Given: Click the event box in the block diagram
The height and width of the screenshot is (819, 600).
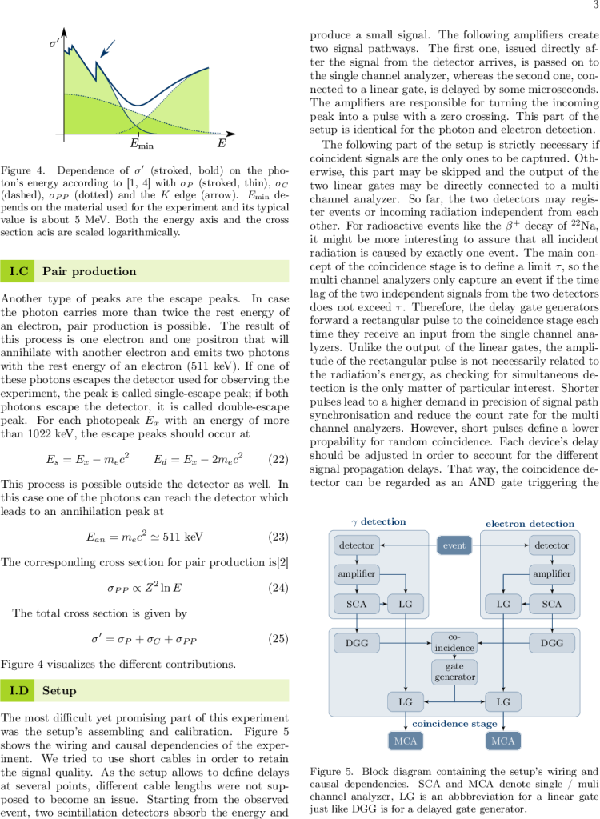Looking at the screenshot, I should point(454,546).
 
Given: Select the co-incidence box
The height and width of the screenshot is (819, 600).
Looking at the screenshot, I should point(454,642).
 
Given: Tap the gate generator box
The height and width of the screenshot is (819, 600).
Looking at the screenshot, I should point(454,672).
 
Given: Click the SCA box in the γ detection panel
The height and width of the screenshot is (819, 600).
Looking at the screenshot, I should point(356,604).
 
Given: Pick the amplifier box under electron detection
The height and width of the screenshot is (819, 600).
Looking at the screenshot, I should point(552,574).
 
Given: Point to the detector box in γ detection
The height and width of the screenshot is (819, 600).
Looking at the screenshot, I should point(356,546).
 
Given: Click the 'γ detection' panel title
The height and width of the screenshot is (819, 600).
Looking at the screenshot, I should point(379,521).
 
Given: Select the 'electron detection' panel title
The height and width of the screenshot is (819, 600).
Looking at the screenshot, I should point(530,524).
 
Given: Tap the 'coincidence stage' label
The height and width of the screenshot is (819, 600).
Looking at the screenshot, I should point(454,723).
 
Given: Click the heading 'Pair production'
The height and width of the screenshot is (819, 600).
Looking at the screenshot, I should point(78,272).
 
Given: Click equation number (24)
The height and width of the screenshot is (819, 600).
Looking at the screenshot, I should point(277,589).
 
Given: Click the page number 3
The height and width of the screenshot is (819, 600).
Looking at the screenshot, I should point(594,6).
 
